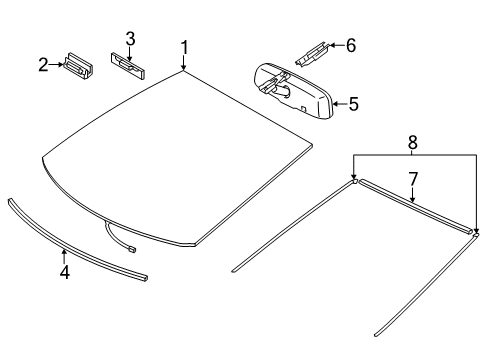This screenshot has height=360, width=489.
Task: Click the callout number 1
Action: [184, 48]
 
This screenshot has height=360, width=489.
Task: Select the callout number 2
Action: [43, 65]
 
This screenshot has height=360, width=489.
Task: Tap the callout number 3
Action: [129, 38]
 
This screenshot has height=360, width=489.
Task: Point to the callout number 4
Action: [64, 272]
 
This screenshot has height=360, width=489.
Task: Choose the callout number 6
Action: [350, 45]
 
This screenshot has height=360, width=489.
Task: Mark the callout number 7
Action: [410, 180]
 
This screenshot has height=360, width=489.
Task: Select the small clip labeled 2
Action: [75, 66]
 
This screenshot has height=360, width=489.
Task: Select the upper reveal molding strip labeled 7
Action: [415, 207]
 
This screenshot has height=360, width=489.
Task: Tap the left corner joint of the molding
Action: [355, 181]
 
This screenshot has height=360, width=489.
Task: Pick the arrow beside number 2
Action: [55, 66]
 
